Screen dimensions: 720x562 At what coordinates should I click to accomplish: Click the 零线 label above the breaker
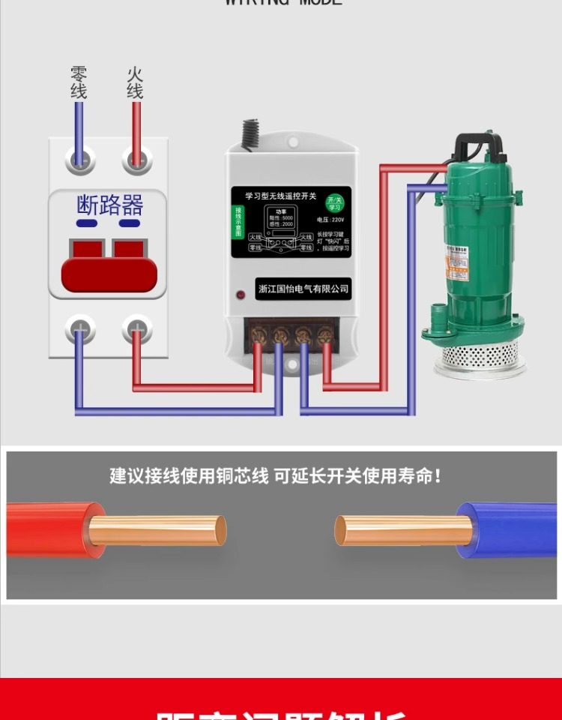click(79, 82)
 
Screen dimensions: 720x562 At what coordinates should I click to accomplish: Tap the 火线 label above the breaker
click(135, 82)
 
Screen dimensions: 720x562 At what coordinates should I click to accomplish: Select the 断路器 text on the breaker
click(109, 205)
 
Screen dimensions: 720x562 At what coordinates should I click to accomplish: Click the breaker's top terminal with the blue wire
click(79, 160)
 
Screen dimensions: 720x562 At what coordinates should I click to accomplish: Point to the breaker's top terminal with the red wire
click(136, 160)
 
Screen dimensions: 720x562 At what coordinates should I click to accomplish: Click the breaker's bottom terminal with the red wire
click(136, 328)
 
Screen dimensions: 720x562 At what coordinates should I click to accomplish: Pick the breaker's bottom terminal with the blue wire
click(79, 328)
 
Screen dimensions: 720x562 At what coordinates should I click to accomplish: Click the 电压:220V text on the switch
click(330, 220)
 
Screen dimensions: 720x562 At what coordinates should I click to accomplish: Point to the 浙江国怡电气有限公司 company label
click(303, 289)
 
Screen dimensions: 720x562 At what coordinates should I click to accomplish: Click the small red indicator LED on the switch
click(241, 295)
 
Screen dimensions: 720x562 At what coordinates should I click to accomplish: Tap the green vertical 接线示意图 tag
click(238, 223)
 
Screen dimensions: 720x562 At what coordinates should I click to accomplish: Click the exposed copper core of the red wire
click(157, 529)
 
